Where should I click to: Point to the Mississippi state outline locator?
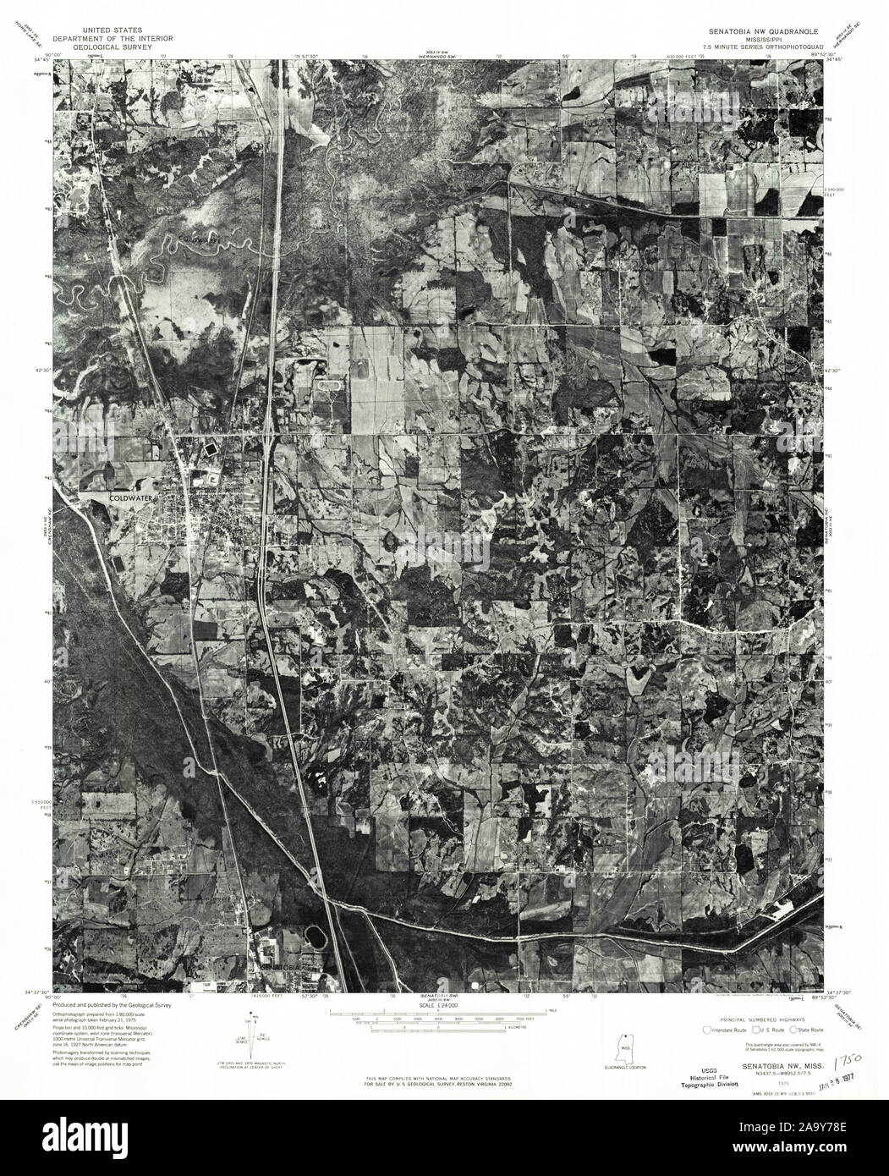point(624,1052)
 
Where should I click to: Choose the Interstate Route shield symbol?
point(707,1030)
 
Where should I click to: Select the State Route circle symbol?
point(793,1030)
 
